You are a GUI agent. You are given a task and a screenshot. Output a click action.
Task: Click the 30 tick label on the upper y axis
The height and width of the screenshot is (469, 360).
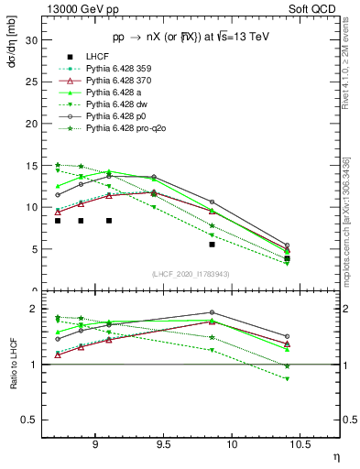coord(30,40)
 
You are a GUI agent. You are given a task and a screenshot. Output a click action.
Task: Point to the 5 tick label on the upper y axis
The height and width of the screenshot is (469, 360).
coord(33,249)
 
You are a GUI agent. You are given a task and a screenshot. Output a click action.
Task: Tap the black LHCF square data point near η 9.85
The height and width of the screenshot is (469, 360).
coord(212,245)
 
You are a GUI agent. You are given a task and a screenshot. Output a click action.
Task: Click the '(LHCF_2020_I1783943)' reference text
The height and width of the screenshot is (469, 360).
coord(191,275)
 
